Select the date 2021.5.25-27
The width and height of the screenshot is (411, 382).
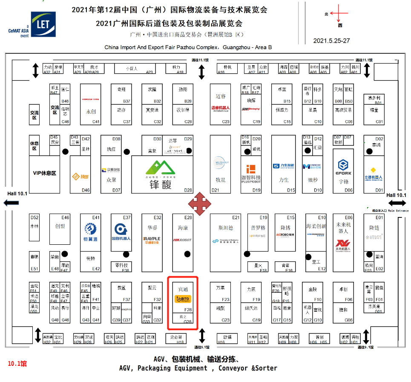[331, 41]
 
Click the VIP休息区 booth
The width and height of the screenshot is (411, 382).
[45, 174]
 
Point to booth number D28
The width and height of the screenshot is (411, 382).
[188, 190]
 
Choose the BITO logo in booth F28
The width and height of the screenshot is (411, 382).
[183, 298]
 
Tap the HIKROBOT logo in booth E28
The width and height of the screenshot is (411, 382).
[183, 240]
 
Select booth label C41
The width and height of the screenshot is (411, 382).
[96, 122]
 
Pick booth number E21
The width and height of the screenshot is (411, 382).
[236, 217]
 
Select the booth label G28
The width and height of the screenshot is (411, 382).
[187, 322]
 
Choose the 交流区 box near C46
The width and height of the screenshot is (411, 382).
[55, 110]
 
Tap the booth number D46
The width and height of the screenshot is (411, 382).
[86, 190]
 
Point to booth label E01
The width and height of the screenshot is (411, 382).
[379, 217]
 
